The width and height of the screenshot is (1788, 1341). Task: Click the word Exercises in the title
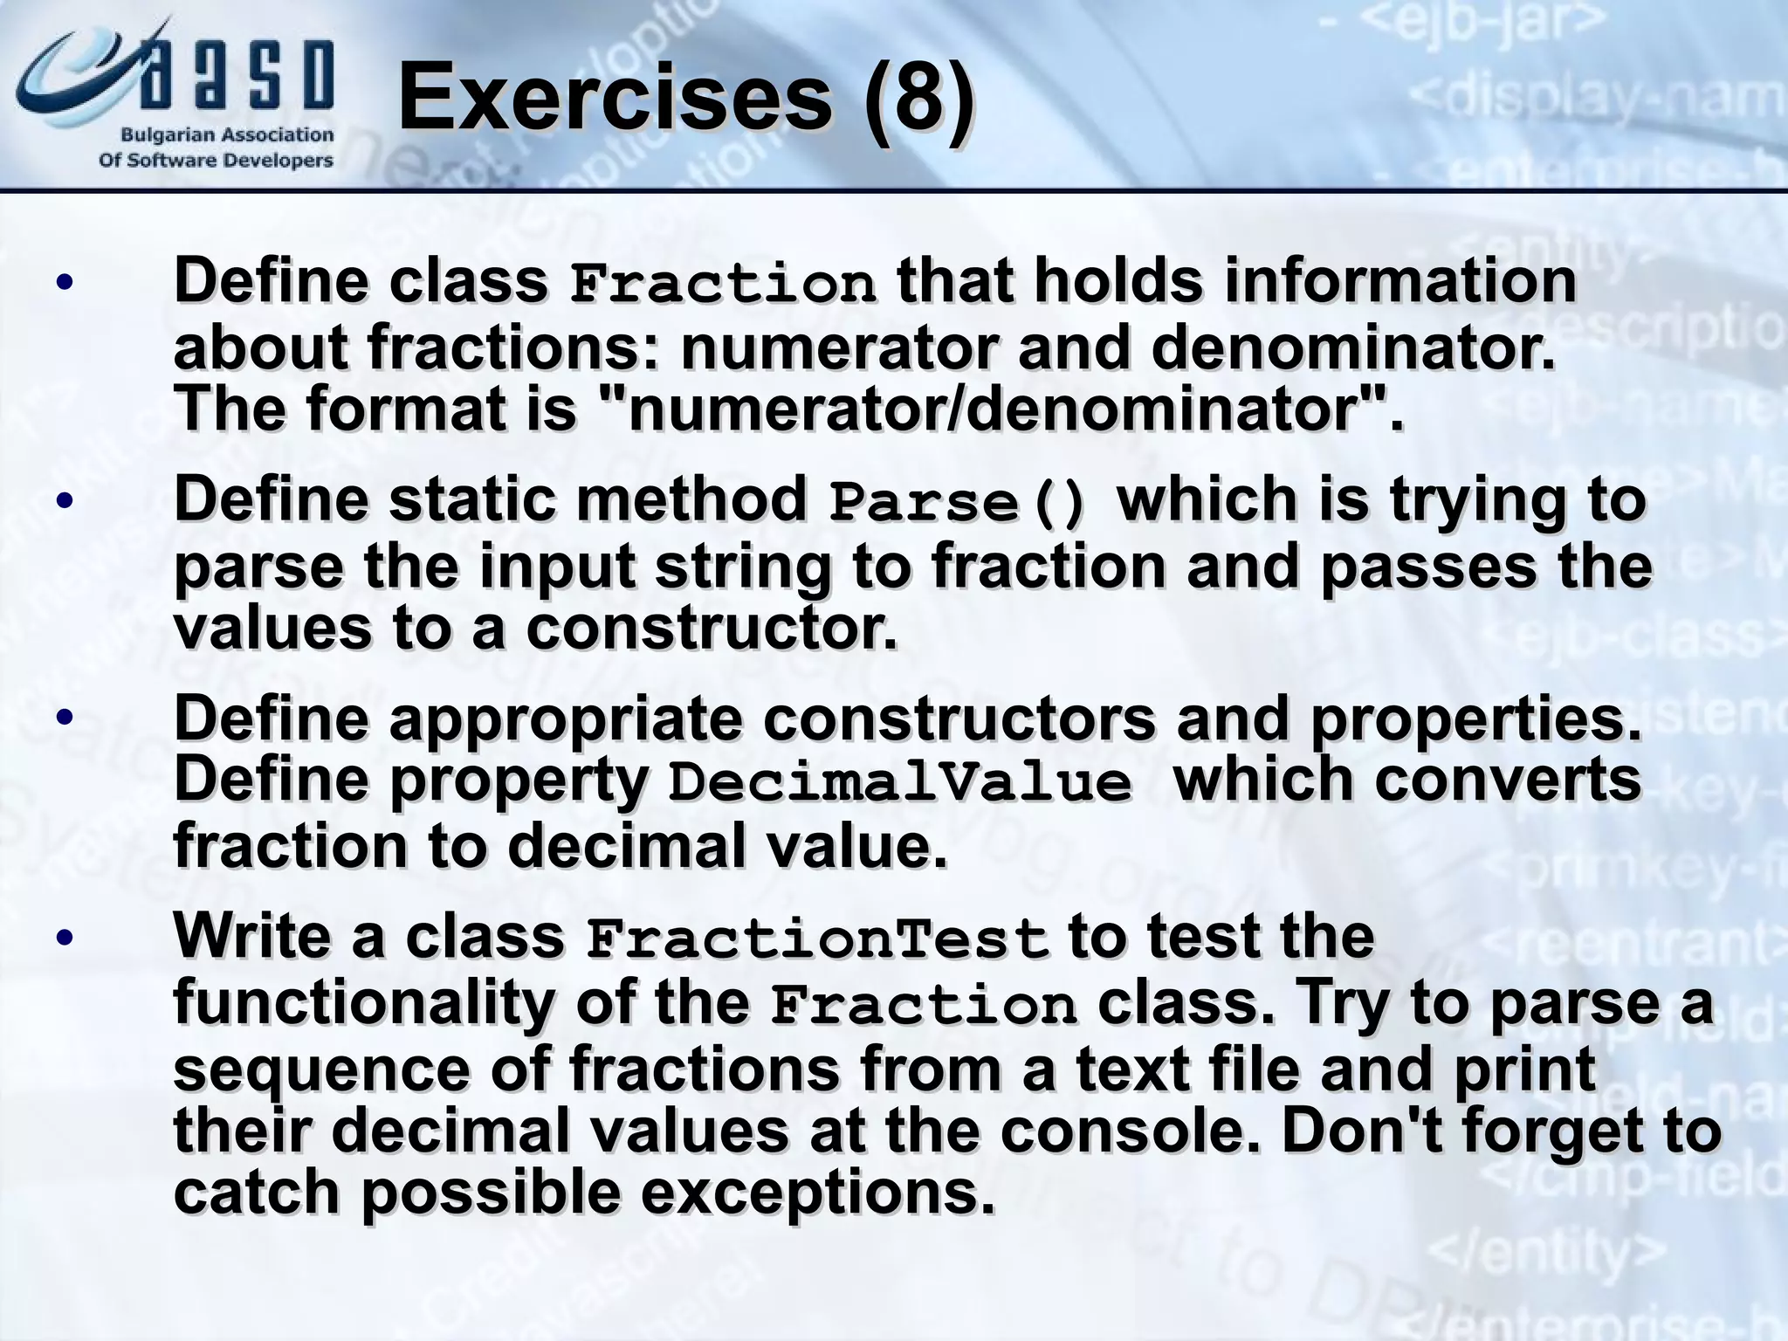tap(615, 99)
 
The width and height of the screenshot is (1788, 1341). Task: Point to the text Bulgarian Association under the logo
tap(227, 135)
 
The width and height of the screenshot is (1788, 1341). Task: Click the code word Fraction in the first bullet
tap(722, 285)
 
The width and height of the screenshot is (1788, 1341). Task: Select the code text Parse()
tap(959, 503)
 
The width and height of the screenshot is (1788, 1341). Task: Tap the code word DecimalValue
tap(899, 782)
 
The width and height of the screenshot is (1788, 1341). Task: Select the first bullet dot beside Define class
tap(64, 283)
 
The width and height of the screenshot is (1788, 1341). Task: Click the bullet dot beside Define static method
tap(64, 501)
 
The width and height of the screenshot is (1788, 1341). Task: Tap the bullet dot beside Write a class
tap(64, 939)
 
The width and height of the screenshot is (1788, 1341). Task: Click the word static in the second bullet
tap(471, 499)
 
